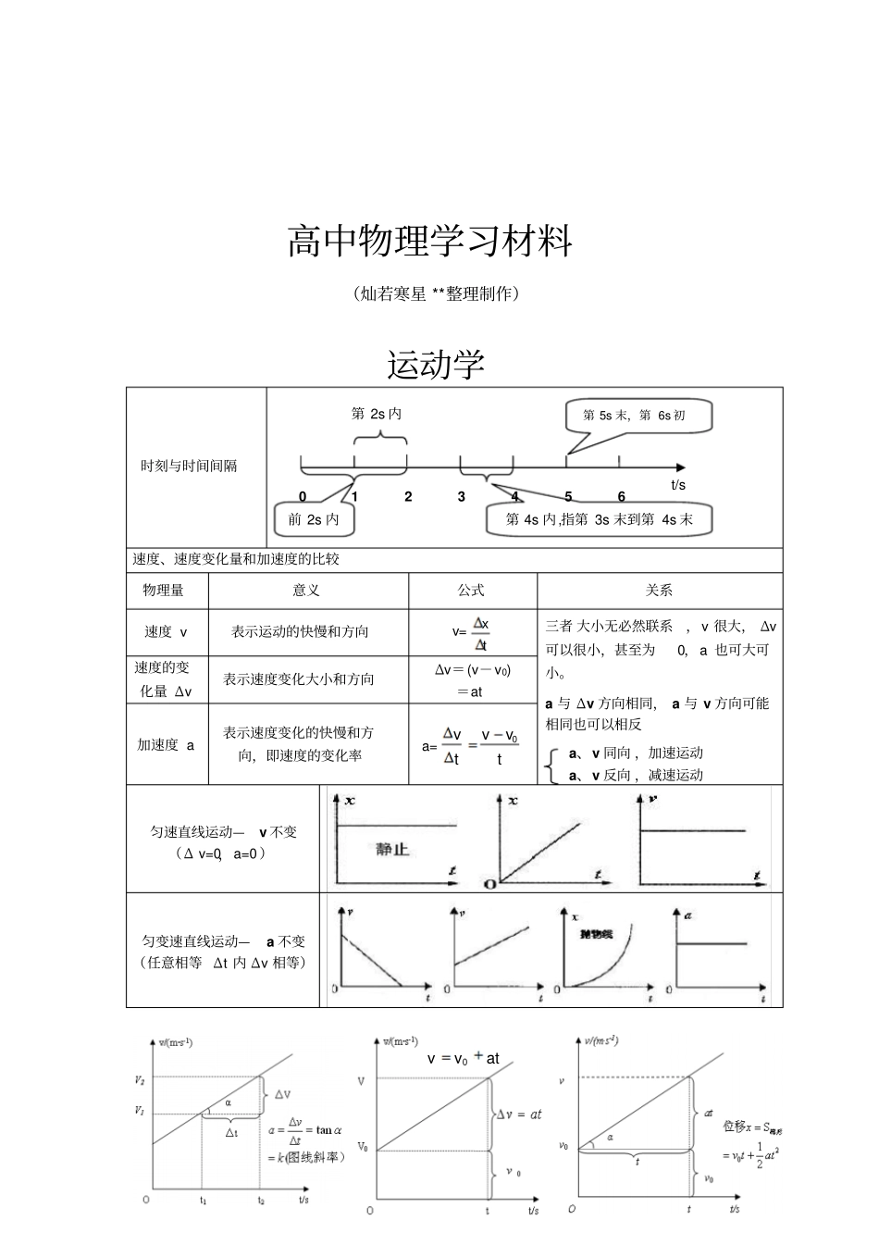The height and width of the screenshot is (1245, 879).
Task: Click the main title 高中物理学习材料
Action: tap(430, 242)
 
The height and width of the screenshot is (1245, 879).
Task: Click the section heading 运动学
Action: tap(436, 365)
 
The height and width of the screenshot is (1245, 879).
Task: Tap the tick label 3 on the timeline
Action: tap(462, 497)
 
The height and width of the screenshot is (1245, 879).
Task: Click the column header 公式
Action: tap(471, 590)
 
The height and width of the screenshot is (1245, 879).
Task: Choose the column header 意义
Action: tap(306, 590)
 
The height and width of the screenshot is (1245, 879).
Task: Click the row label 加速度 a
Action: tap(167, 744)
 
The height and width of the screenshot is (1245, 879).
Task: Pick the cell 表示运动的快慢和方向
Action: tap(300, 631)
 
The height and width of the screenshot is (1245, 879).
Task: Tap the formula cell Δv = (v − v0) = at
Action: tap(472, 680)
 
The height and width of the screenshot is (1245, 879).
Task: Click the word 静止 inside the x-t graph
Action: tap(392, 849)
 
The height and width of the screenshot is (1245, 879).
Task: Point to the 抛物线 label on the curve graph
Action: tap(596, 934)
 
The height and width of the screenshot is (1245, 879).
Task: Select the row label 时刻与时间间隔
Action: tap(189, 467)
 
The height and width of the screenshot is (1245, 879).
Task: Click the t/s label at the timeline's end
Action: tap(678, 484)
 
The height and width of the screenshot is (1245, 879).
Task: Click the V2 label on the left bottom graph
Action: tap(139, 1079)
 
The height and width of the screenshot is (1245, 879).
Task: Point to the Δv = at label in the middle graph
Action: tap(519, 1114)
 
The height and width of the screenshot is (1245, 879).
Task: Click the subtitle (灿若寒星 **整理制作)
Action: tap(436, 294)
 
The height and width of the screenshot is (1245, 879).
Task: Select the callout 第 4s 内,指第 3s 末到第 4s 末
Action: tap(599, 519)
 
